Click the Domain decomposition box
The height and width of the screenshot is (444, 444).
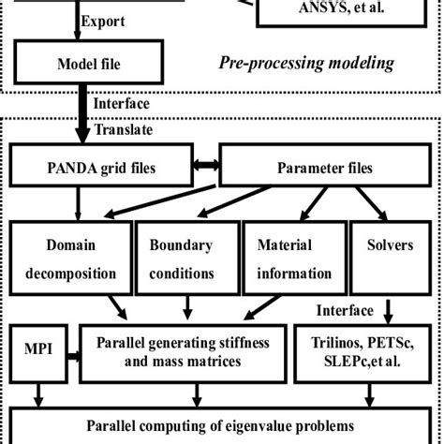[68, 259]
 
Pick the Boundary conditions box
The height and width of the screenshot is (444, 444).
[188, 259]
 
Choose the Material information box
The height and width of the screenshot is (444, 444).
[294, 259]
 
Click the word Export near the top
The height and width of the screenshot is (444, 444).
[98, 21]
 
